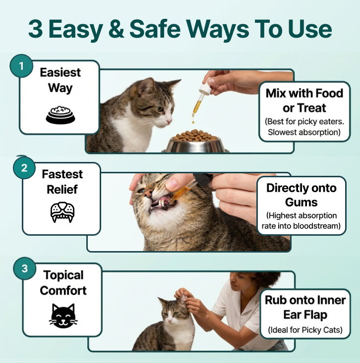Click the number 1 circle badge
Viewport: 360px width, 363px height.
[x=21, y=66]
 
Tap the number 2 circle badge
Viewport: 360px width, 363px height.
[x=24, y=167]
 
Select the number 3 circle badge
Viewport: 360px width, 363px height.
[x=25, y=268]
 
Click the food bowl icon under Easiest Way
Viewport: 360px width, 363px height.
[x=60, y=115]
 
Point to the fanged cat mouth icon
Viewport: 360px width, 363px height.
[x=62, y=212]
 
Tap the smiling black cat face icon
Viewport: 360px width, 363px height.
[x=63, y=316]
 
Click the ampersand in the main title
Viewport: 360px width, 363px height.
[x=116, y=28]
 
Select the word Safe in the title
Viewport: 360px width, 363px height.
[x=155, y=28]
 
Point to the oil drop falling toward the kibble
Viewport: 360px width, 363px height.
[x=193, y=121]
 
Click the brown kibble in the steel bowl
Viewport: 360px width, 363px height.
[x=195, y=135]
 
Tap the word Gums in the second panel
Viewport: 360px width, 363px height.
[x=301, y=203]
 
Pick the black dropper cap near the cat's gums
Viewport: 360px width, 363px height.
[x=203, y=179]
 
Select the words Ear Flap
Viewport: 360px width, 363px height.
[x=305, y=315]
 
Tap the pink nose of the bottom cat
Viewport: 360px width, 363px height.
[x=170, y=320]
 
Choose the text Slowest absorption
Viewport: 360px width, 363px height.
[x=304, y=132]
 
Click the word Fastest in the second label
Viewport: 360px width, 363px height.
[x=62, y=174]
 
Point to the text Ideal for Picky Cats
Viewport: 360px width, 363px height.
[x=305, y=330]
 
